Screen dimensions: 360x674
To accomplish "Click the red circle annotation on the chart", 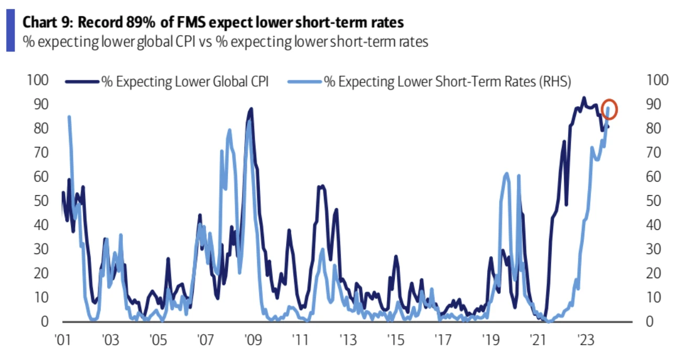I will point(609,109).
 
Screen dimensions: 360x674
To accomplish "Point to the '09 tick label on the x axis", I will point(250,339).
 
